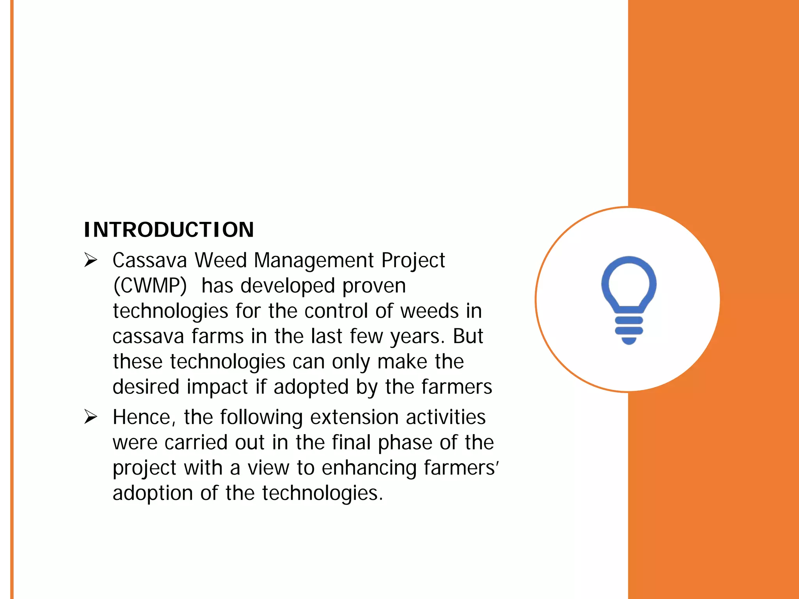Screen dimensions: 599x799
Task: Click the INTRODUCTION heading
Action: point(169,230)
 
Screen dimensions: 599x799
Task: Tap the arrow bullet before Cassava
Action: point(91,260)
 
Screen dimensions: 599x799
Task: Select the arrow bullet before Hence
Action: point(91,417)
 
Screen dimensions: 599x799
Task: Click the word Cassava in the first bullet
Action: point(150,260)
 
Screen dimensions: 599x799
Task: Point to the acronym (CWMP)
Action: point(150,286)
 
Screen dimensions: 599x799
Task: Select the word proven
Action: point(374,286)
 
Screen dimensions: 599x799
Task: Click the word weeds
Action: point(429,311)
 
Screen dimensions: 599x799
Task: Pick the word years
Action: point(417,337)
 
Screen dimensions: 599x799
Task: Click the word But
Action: point(468,336)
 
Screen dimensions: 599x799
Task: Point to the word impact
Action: point(217,387)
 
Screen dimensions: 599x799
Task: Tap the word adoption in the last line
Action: point(153,493)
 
